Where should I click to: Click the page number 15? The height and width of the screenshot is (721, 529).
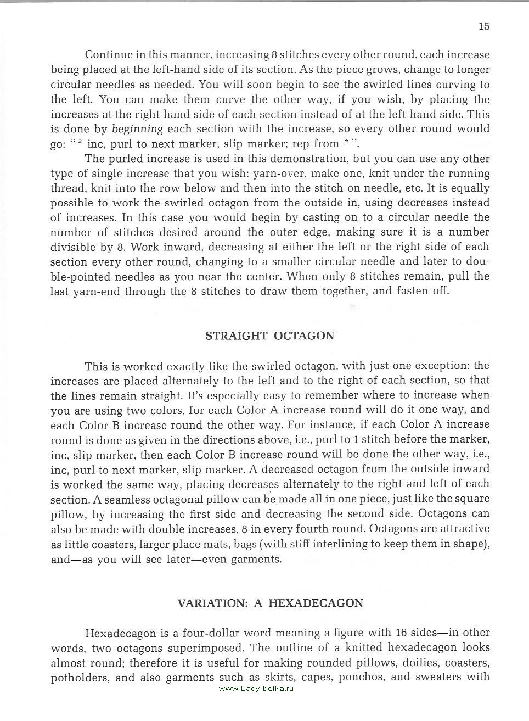coord(483,26)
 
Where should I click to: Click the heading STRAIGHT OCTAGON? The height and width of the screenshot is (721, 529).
coord(269,336)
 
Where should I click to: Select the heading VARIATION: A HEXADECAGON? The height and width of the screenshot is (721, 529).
coord(270,603)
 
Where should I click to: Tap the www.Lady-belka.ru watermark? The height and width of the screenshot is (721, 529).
coord(256,689)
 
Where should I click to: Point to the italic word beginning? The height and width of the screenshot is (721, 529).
coord(137,129)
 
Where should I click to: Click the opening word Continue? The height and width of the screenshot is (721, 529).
coord(109,55)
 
